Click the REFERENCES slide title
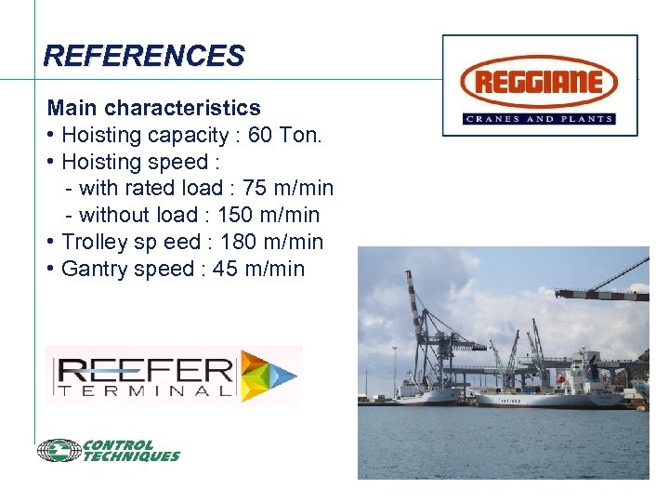143,56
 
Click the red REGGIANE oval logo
540,82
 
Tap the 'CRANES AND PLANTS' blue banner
540,119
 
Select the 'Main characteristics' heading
153,108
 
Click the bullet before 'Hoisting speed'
50,163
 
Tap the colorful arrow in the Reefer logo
269,376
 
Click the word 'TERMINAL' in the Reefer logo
144,393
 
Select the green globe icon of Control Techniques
59,451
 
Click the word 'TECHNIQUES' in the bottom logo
131,456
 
